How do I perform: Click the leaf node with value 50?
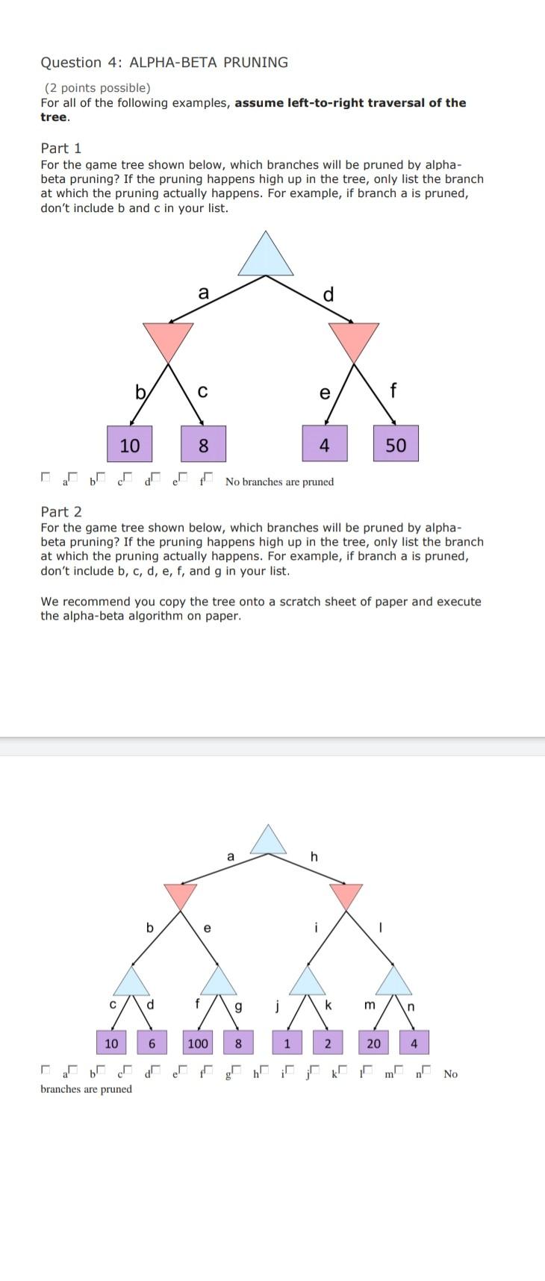[x=396, y=446]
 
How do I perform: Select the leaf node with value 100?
[x=198, y=1043]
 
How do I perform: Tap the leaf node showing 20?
[x=374, y=1043]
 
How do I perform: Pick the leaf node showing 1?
[x=287, y=1043]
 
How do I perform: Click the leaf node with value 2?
[x=327, y=1043]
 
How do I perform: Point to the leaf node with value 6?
[x=152, y=1043]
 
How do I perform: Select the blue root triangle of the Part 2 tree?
[x=268, y=841]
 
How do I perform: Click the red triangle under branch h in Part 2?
[x=346, y=895]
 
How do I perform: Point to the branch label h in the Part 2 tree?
[x=314, y=856]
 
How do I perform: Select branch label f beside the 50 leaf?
[x=393, y=390]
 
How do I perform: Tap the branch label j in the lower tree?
[x=276, y=1006]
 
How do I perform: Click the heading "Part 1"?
[x=61, y=148]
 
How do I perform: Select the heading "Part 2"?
[x=61, y=511]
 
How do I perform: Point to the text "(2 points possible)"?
[x=97, y=88]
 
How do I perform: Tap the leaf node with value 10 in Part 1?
[x=129, y=446]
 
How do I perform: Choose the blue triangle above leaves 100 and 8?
[x=219, y=982]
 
